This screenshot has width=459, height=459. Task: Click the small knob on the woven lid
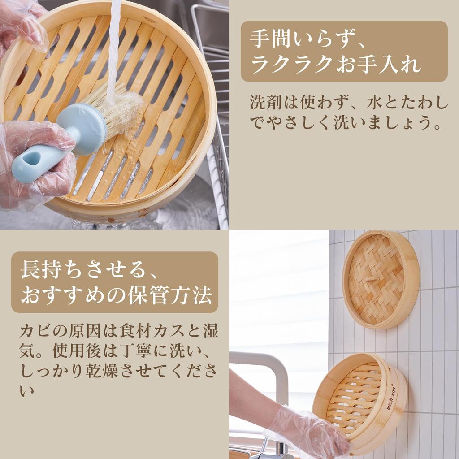pyautogui.click(x=369, y=280)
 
